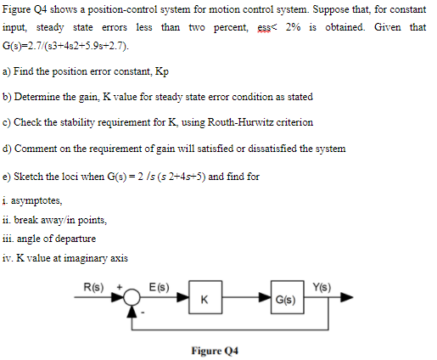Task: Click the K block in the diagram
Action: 204,299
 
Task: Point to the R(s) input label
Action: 93,286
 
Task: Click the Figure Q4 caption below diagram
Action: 219,349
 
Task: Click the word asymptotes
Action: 41,200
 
